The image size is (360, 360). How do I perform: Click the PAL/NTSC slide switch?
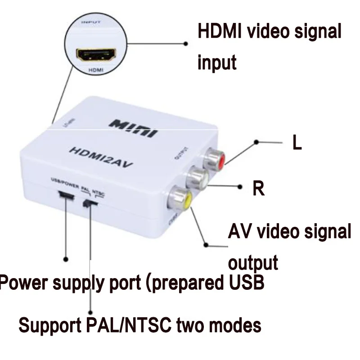pyautogui.click(x=90, y=203)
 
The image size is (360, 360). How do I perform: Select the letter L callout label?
pyautogui.click(x=297, y=143)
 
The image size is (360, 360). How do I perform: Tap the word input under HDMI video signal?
pyautogui.click(x=217, y=63)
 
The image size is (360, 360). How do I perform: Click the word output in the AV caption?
pyautogui.click(x=253, y=262)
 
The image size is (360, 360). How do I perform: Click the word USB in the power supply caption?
pyautogui.click(x=245, y=283)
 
